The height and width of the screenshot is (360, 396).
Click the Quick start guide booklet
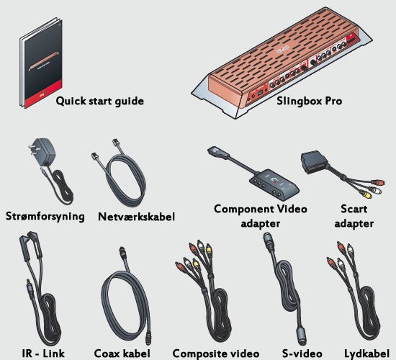click(42, 63)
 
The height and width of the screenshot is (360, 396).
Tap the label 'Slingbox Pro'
click(310, 101)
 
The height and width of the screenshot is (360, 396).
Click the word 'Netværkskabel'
click(136, 217)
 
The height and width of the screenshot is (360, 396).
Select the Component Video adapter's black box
click(274, 184)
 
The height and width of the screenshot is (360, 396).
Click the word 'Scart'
click(354, 210)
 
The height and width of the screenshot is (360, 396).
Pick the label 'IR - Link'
click(43, 354)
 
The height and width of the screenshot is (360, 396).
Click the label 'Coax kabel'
click(122, 354)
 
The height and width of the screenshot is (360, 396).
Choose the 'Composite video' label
click(216, 354)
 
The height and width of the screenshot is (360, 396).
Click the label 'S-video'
click(302, 354)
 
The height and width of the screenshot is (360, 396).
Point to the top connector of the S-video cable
click(269, 240)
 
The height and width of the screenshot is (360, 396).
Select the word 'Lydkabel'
click(366, 354)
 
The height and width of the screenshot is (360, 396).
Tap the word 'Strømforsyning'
click(45, 217)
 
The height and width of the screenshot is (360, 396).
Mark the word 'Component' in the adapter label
click(244, 210)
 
